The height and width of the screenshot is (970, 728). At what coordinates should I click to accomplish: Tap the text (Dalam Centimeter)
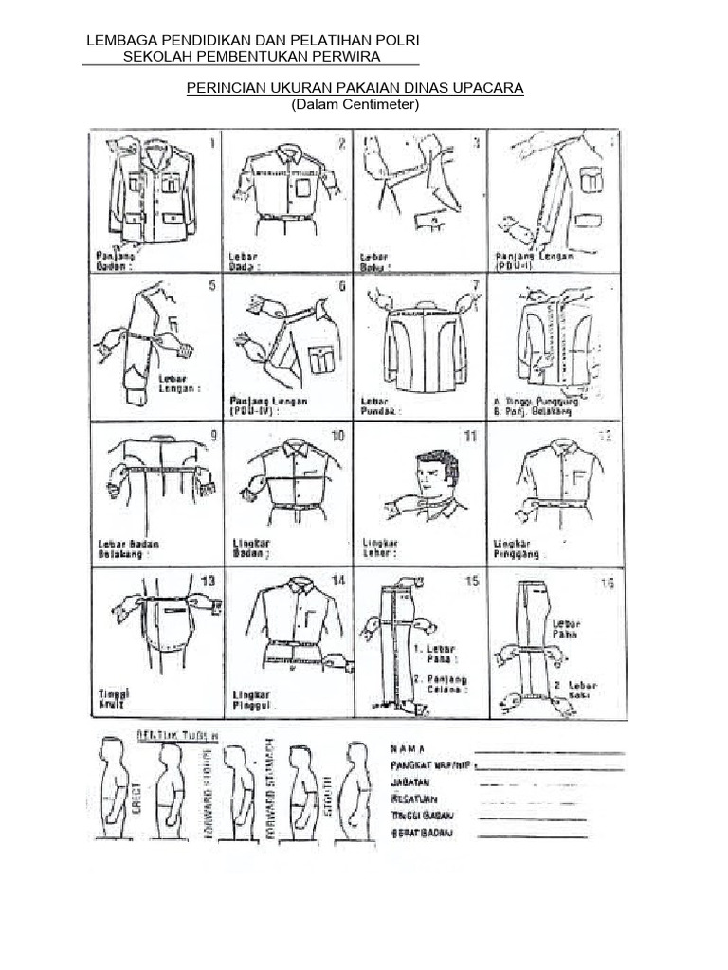tap(355, 105)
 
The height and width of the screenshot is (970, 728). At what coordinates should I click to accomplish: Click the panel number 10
tap(337, 436)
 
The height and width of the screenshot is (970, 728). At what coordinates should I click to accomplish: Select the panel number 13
tap(208, 580)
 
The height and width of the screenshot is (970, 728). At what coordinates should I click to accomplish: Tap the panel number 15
tap(471, 582)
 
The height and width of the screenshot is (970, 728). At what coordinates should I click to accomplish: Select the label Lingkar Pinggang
tap(518, 548)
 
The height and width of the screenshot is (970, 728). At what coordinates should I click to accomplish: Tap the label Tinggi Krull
tap(114, 699)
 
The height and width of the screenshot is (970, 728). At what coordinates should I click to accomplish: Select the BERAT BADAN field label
tap(423, 834)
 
